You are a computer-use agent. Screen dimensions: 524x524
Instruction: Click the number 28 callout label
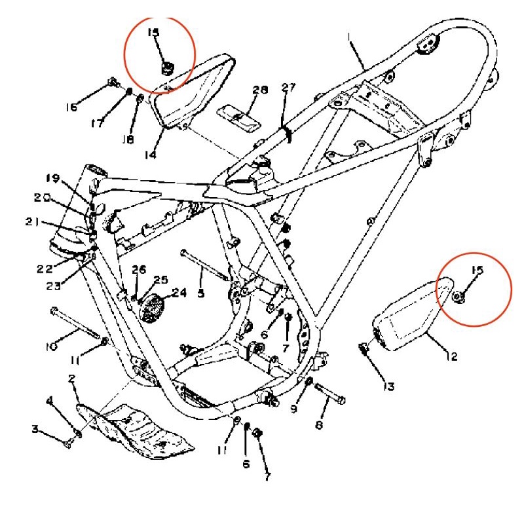(x=259, y=90)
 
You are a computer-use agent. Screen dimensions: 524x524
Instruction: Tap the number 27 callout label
(x=289, y=88)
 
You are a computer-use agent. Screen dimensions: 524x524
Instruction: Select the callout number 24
(x=179, y=293)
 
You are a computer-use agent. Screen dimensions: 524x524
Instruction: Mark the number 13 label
(x=388, y=386)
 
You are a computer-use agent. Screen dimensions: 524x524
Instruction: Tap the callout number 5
(x=200, y=294)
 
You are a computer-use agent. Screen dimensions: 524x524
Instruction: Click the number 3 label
(x=35, y=430)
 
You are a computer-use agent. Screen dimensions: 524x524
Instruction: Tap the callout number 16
(x=70, y=107)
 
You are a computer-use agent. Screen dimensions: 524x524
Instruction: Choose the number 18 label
(x=128, y=140)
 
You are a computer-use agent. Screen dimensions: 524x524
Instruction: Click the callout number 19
(x=53, y=178)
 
